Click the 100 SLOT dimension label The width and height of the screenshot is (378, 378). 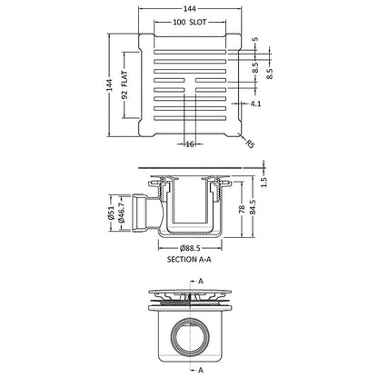190,22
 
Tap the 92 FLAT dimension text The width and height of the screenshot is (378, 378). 124,85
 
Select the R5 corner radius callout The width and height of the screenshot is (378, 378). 250,144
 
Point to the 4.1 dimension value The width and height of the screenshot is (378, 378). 255,104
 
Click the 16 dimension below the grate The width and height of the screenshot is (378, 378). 190,144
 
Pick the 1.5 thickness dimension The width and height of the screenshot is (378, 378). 264,182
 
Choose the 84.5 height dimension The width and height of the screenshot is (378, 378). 253,207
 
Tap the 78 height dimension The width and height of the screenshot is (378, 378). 242,209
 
